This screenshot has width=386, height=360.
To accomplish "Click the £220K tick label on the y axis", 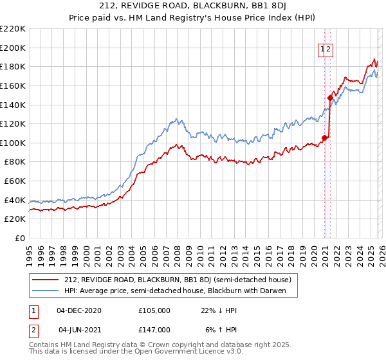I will coord(13,29).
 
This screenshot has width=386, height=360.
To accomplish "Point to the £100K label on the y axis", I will coord(13,143).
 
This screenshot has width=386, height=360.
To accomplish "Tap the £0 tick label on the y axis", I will coord(19,238).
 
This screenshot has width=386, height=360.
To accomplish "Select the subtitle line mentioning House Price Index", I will coord(193,19).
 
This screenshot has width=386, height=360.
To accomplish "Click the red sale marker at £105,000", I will coord(325,137).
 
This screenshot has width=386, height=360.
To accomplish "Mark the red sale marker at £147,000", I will coord(331,98).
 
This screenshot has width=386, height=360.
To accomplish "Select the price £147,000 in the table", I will coord(154,329).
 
